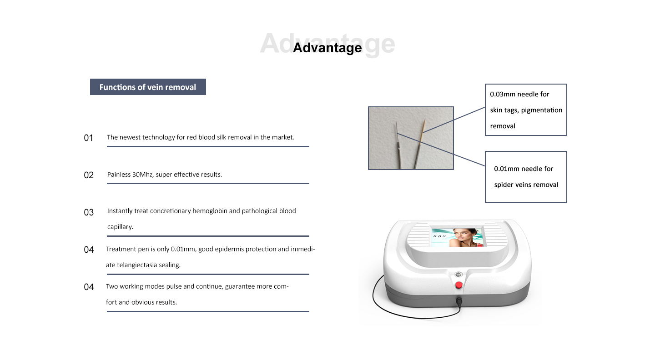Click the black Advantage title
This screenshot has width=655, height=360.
[327, 48]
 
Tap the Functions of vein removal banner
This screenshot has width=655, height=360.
[148, 87]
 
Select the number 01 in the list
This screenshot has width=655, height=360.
[88, 138]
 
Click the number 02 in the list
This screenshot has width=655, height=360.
[89, 175]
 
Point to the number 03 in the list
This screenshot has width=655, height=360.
[89, 212]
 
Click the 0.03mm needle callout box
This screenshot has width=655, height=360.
[526, 110]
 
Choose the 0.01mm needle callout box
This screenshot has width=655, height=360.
[526, 177]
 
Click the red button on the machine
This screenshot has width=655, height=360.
[458, 285]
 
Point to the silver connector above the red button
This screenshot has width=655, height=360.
[458, 275]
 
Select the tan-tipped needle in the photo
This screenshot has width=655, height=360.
[419, 144]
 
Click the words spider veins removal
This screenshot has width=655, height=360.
[526, 185]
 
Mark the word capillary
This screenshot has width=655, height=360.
[120, 227]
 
